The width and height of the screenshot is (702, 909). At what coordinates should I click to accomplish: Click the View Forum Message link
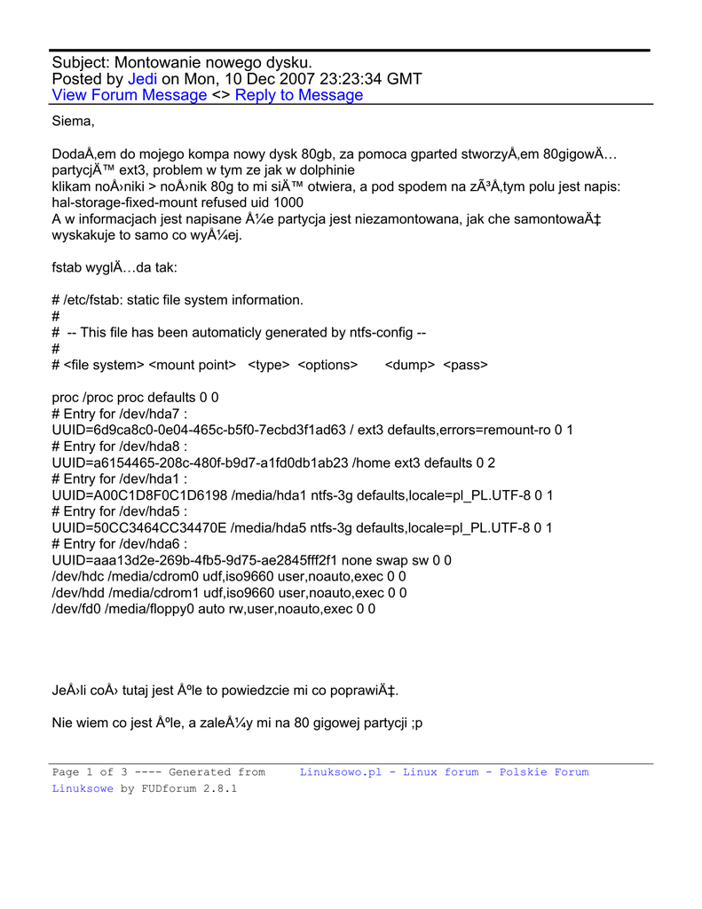pyautogui.click(x=130, y=95)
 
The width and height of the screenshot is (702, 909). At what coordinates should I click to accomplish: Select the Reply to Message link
pyautogui.click(x=299, y=95)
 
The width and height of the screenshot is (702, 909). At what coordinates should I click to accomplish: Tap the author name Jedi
pyautogui.click(x=143, y=79)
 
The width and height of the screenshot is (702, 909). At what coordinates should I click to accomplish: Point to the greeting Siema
pyautogui.click(x=73, y=121)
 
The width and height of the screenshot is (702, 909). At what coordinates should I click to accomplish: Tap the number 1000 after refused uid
pyautogui.click(x=286, y=202)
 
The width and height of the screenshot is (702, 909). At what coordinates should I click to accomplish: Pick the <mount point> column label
pyautogui.click(x=193, y=365)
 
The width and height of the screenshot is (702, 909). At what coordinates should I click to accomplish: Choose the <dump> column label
pyautogui.click(x=409, y=365)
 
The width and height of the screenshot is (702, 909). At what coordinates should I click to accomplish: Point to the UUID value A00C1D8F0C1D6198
pyautogui.click(x=138, y=495)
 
